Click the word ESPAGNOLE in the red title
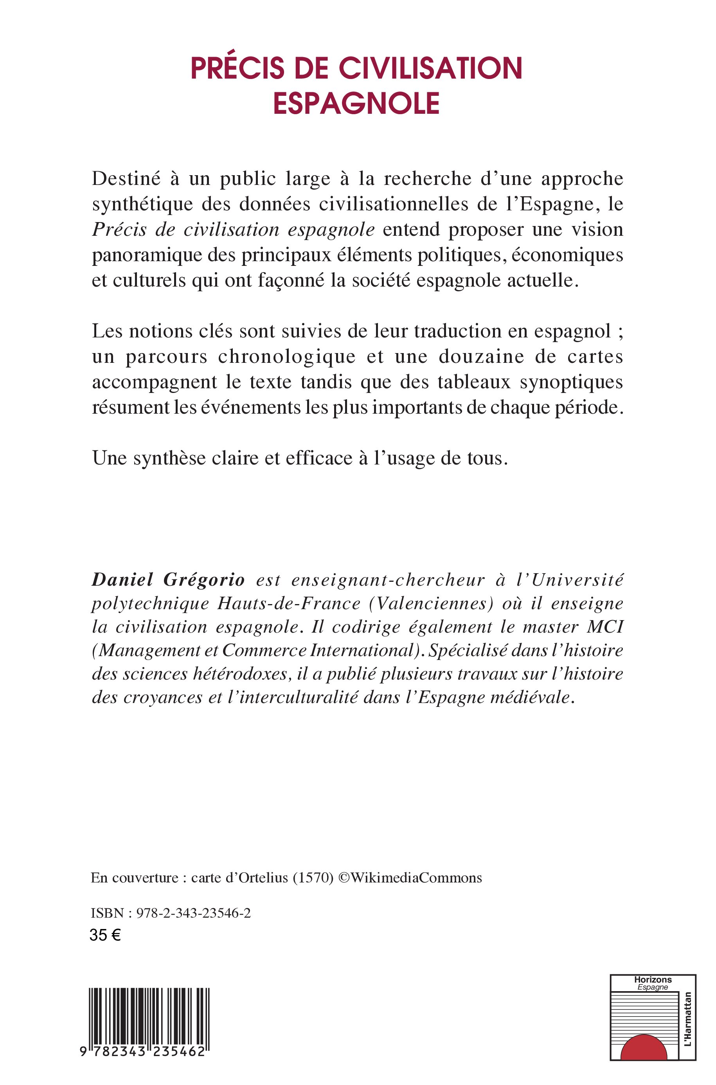[x=356, y=104]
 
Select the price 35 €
[x=105, y=935]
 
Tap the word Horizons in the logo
[x=653, y=979]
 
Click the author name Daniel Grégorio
[x=168, y=579]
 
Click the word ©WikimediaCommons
[x=410, y=877]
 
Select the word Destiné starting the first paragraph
[x=126, y=178]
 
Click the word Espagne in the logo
[x=653, y=987]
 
